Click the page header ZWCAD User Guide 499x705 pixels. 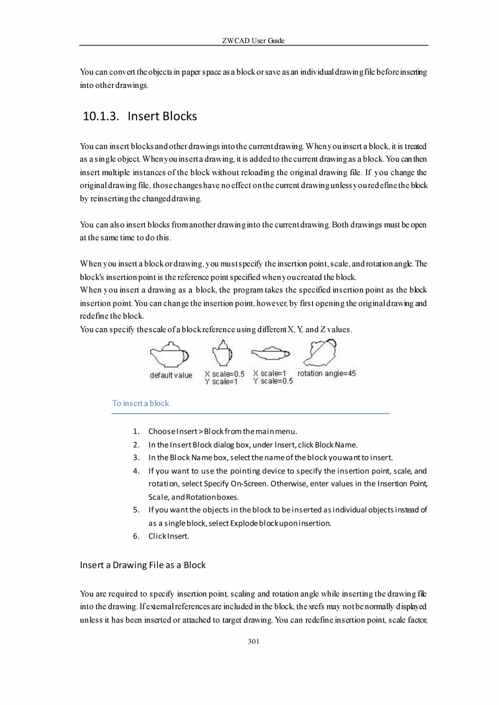[253, 41]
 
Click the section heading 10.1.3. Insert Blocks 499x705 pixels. [140, 116]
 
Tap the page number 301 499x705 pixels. [253, 642]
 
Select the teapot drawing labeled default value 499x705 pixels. [169, 355]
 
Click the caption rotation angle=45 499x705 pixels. [327, 374]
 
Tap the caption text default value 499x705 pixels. [171, 375]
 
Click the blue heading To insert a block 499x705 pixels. [140, 403]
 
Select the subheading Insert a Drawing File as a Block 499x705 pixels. [143, 565]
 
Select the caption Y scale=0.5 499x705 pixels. [273, 381]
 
